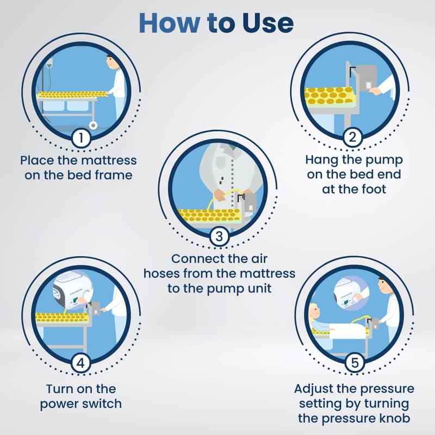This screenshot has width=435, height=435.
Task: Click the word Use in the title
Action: pyautogui.click(x=268, y=23)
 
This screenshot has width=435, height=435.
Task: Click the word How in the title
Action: pyautogui.click(x=169, y=23)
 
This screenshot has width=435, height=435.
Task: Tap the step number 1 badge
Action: pyautogui.click(x=81, y=138)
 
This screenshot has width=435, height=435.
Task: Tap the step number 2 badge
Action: pyautogui.click(x=352, y=137)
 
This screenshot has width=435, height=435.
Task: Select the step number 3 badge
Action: pyautogui.click(x=219, y=236)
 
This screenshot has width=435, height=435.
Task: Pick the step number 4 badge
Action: pyautogui.click(x=80, y=363)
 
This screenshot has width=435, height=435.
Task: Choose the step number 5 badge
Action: pyautogui.click(x=355, y=363)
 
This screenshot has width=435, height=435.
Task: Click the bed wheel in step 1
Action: pyautogui.click(x=94, y=126)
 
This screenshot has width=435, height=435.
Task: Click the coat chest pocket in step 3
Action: pyautogui.click(x=220, y=162)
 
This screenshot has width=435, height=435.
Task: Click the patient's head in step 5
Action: pyautogui.click(x=314, y=312)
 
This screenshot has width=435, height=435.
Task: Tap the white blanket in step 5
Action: pyautogui.click(x=348, y=332)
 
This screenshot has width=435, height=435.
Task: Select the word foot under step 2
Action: pyautogui.click(x=374, y=189)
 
